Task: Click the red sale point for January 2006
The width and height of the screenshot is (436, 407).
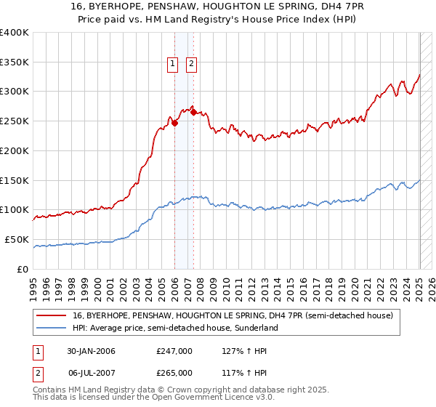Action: (x=175, y=123)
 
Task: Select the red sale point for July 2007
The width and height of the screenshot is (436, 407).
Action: (x=193, y=112)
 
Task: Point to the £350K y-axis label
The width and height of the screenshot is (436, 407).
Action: (x=15, y=63)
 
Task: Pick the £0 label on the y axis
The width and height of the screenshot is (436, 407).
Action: (x=23, y=269)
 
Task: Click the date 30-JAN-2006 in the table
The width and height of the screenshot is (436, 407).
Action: (x=91, y=351)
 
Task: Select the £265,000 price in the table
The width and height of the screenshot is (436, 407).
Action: (x=174, y=372)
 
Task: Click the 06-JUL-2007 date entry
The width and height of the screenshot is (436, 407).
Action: (x=91, y=372)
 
